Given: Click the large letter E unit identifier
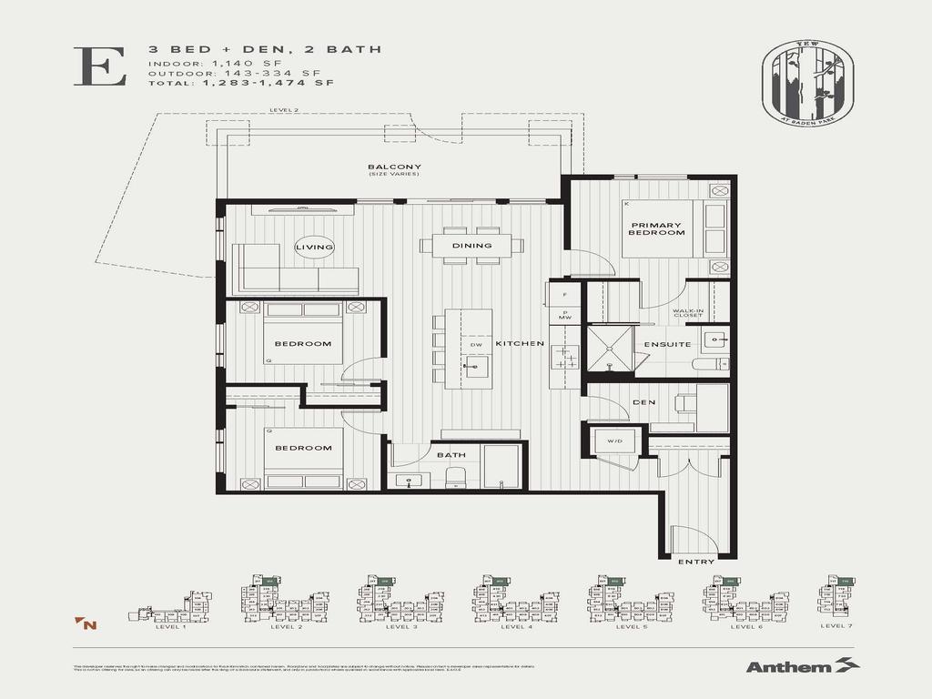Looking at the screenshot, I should pos(99,66).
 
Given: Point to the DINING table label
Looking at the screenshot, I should pos(471,246).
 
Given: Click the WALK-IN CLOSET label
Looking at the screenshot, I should pos(687,313).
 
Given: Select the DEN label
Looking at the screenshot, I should pos(644,402).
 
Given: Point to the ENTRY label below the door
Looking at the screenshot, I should pos(696,562).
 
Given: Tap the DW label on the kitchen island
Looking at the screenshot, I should pos(475,345).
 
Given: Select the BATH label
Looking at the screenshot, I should pos(451,454).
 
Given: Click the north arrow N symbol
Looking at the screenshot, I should pos(87,623).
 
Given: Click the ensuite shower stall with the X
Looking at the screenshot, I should pos(608,349).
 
